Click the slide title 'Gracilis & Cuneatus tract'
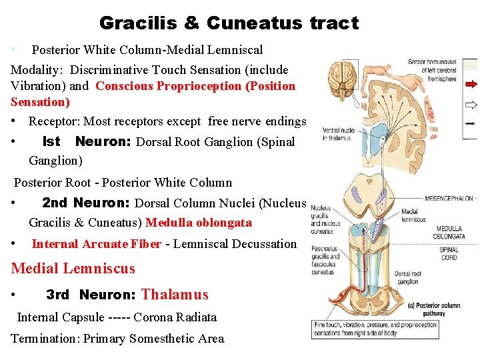[x=229, y=23]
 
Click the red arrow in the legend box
[x=471, y=85]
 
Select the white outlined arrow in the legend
[x=471, y=105]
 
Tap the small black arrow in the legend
[x=471, y=123]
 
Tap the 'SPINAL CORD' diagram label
[x=449, y=254]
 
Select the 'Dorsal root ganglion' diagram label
[x=407, y=277]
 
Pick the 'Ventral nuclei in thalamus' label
[x=338, y=134]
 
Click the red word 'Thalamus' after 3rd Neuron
[x=175, y=295]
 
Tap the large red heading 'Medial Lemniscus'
[x=73, y=269]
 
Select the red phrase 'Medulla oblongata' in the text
[x=198, y=223]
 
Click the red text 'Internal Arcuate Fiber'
[x=96, y=244]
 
